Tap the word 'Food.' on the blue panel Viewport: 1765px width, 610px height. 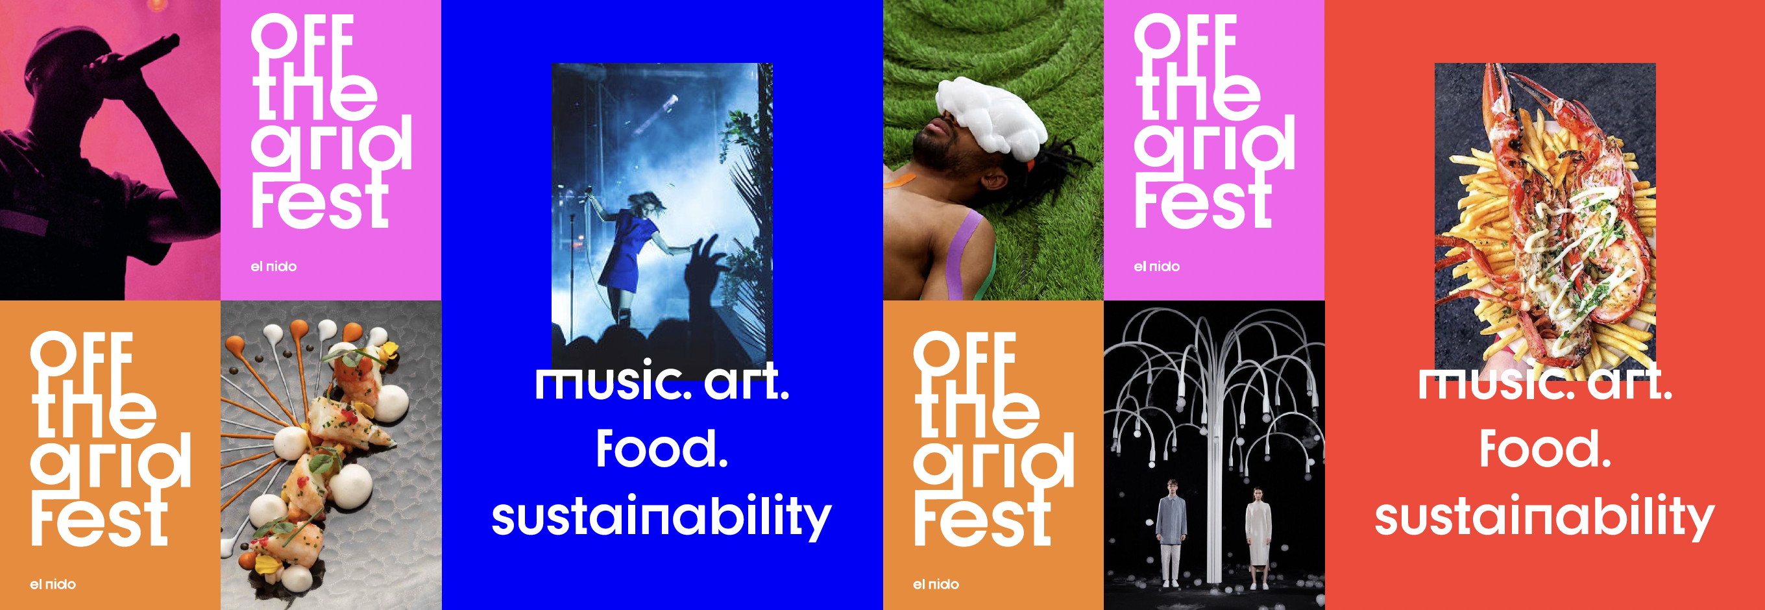click(x=662, y=449)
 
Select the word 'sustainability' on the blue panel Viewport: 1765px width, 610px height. click(x=662, y=517)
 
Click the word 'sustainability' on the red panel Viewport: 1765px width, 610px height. click(x=1544, y=517)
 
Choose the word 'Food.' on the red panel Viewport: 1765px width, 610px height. click(x=1545, y=449)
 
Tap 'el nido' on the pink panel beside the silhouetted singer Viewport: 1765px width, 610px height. click(x=273, y=266)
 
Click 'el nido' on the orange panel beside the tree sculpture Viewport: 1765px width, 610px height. click(x=936, y=584)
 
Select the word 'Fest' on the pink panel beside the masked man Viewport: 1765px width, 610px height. click(x=1203, y=203)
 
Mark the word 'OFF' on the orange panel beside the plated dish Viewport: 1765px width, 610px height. click(x=82, y=354)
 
